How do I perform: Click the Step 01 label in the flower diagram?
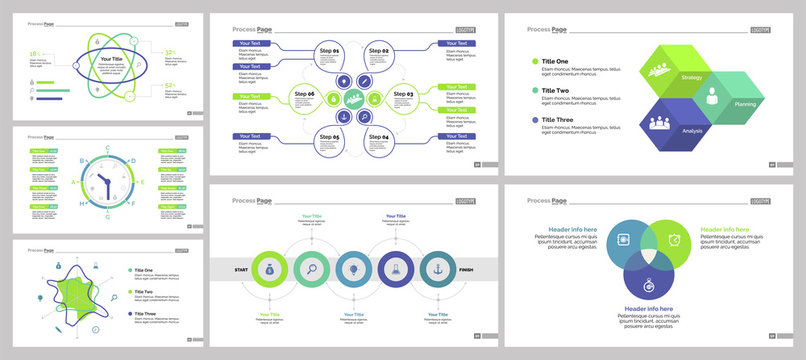click(329, 50)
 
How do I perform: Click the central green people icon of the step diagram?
click(354, 100)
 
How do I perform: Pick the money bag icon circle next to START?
click(269, 269)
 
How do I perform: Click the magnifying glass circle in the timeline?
click(312, 269)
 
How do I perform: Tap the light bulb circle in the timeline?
click(354, 269)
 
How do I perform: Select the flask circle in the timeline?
click(396, 269)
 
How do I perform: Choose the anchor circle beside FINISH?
click(438, 269)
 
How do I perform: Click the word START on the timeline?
click(240, 269)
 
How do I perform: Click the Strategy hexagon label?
click(691, 76)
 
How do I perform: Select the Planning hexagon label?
click(745, 104)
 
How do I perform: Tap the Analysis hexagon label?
click(692, 131)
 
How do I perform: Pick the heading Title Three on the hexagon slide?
click(561, 121)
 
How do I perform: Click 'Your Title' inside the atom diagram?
click(111, 59)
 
